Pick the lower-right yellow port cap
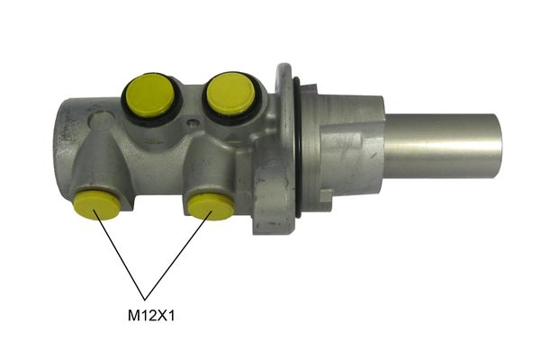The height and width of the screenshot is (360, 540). coord(211,205)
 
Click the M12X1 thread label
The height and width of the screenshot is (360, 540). coord(149,316)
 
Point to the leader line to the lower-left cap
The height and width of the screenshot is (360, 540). coord(119,254)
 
